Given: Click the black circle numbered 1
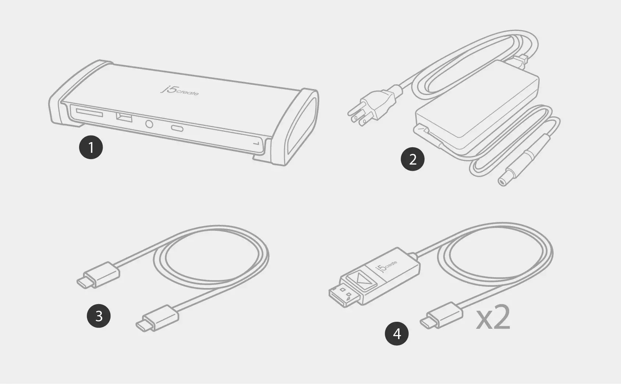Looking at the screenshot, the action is [x=91, y=147].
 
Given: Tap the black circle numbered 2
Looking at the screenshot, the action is [x=412, y=159].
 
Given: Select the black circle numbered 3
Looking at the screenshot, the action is [x=99, y=316].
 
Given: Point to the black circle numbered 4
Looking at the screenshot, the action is [x=397, y=333].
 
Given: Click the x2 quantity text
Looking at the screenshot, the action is [x=493, y=317].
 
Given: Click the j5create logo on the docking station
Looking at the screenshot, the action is [x=180, y=91].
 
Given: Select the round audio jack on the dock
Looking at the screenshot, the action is [x=149, y=124].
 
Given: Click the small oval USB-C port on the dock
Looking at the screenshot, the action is [x=177, y=128].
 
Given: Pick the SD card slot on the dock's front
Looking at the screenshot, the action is [x=89, y=113].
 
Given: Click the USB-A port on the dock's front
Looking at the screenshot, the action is [x=124, y=117].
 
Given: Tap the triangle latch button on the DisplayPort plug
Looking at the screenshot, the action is [x=362, y=281].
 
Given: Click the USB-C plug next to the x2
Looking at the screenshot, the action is [x=441, y=316].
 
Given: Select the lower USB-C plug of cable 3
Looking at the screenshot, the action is [x=157, y=318].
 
